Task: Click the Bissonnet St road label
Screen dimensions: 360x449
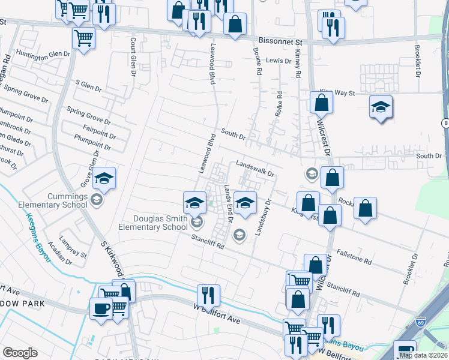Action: coord(282,43)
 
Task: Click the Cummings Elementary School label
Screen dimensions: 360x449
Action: coord(44,201)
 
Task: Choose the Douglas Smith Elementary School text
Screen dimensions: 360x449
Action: coord(152,223)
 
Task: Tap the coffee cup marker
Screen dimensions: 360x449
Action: coord(101,308)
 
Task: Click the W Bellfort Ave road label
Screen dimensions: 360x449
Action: coord(217,314)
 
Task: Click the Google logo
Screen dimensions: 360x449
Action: coord(20,352)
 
